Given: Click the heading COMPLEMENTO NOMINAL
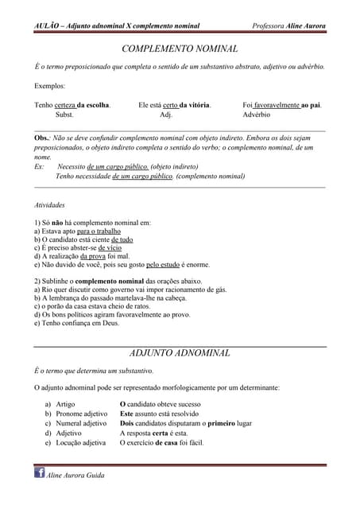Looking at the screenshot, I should tap(179, 49).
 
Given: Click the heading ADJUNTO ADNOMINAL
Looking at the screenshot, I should tap(179, 352).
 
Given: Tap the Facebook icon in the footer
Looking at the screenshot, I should tap(39, 473).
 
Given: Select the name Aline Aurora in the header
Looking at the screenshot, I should tap(305, 26).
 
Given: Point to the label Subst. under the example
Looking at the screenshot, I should tap(64, 115).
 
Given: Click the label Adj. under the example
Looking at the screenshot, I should tap(166, 115).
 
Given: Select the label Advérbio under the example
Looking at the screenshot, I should tap(259, 115).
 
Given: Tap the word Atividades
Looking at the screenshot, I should tap(49, 205).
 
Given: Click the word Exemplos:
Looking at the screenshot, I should tap(50, 85).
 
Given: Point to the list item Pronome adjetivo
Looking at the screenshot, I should tap(81, 414).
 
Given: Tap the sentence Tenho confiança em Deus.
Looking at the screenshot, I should tap(76, 323).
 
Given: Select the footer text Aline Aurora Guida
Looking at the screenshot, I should tap(76, 475).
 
